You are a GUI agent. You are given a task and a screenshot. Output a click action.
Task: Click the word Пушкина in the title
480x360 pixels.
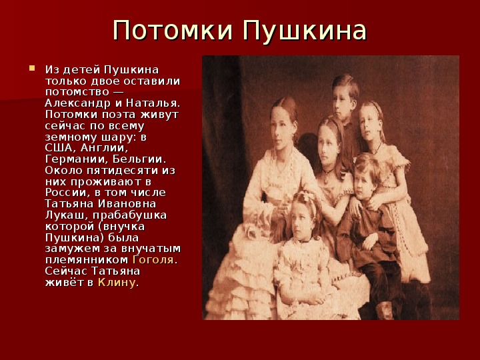point(305,31)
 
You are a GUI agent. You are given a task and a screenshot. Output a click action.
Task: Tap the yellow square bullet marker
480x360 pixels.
point(32,68)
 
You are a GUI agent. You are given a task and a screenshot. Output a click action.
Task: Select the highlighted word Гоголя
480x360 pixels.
point(153,260)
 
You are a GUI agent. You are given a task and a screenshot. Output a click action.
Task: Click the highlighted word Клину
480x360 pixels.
point(116,283)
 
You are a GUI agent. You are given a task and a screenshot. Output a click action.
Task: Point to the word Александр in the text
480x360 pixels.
point(78,103)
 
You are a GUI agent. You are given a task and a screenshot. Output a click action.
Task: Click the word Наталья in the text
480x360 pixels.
point(151,103)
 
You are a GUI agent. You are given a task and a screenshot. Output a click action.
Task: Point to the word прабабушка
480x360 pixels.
point(130,215)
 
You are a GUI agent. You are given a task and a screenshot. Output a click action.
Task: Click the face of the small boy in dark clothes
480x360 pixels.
point(365,183)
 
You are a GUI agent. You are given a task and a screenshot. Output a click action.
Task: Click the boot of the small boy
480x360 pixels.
point(385,311)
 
